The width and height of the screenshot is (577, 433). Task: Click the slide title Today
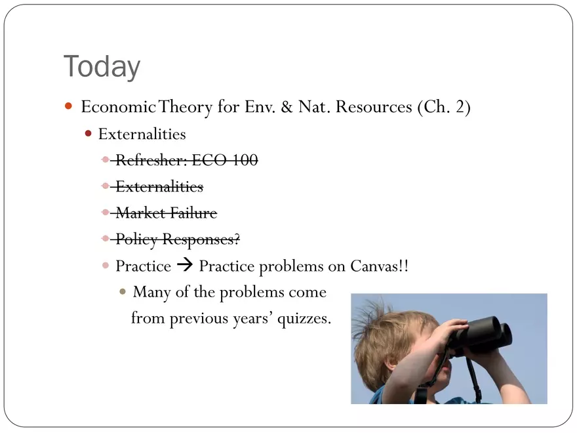point(102,66)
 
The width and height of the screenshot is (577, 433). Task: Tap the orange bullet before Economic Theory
point(68,106)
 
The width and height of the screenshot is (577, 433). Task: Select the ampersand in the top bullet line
point(287,107)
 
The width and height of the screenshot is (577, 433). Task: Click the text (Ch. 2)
point(444,107)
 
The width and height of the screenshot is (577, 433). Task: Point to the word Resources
point(374,107)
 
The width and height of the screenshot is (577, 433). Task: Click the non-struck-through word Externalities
point(142,134)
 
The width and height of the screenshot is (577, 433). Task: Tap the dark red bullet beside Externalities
point(88,133)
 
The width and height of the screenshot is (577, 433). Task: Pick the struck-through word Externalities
point(159,187)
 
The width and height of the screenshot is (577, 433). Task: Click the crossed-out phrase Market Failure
point(167,213)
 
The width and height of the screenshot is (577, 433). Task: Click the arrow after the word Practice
point(185,265)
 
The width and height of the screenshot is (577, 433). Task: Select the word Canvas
point(375,266)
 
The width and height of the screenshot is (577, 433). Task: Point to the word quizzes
point(304,318)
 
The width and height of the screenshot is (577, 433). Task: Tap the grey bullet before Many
point(123,292)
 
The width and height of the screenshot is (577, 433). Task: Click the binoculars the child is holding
point(481,335)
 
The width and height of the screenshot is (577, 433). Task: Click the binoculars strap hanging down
point(473,379)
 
